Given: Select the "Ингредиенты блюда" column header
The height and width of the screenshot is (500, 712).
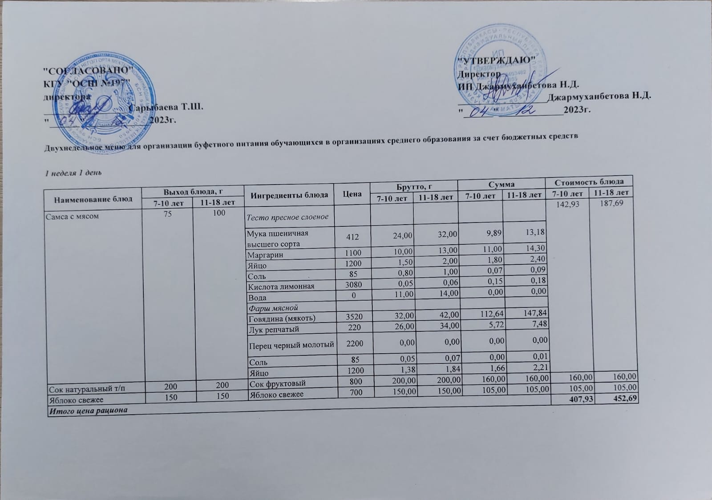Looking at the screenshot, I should coord(289,195).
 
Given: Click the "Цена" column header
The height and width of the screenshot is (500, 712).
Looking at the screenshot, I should coord(352,194).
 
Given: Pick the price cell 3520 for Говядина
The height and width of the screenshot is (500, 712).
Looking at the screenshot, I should coord(352,317).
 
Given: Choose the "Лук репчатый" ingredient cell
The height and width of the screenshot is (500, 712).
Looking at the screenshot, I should coord(273,329).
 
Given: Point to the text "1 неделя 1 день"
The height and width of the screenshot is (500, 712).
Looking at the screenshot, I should coord(73,173).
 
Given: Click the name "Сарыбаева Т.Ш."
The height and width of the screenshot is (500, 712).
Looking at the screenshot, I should coord(166,107).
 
